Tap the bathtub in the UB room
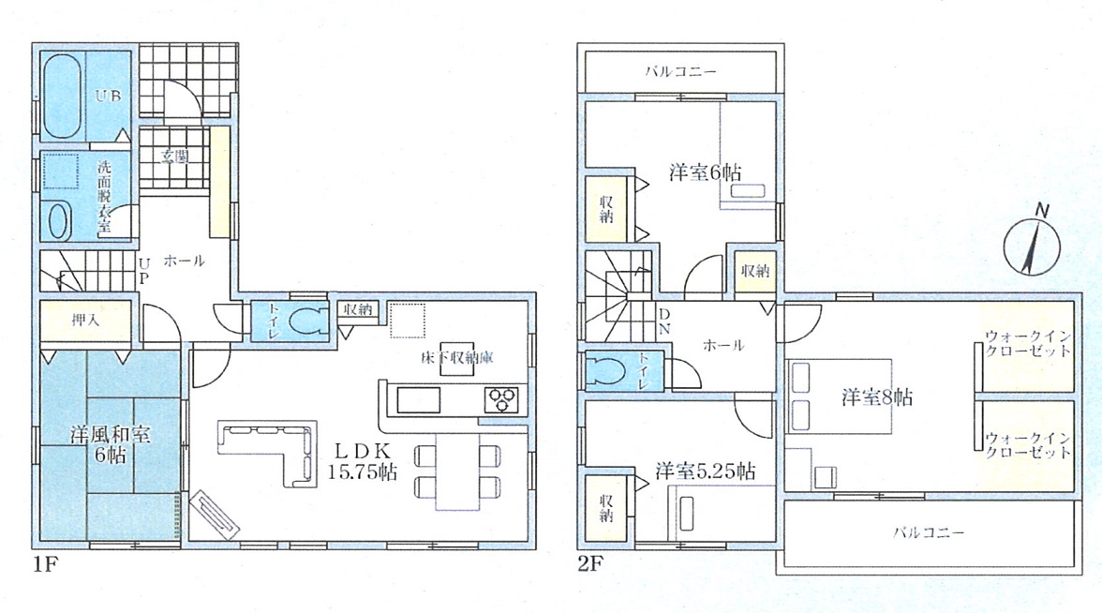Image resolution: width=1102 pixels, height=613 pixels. pyautogui.click(x=63, y=97)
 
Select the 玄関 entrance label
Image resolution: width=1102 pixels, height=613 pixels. pyautogui.click(x=174, y=156)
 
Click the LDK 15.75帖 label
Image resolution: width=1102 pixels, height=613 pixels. pyautogui.click(x=362, y=461)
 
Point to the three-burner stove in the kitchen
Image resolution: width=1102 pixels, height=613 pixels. pyautogui.click(x=502, y=400)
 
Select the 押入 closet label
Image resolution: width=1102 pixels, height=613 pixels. pyautogui.click(x=85, y=321)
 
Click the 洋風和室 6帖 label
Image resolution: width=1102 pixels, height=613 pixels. pyautogui.click(x=110, y=444)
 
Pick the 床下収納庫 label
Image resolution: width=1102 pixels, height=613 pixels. pyautogui.click(x=457, y=358)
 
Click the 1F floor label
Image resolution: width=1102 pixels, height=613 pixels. pyautogui.click(x=44, y=564)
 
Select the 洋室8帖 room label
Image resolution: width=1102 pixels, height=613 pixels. pyautogui.click(x=877, y=397)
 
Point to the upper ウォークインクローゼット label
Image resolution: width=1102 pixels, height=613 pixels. pyautogui.click(x=1027, y=344)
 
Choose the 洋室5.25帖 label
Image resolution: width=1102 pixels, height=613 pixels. pyautogui.click(x=706, y=471)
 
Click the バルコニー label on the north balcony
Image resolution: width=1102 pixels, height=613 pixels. pyautogui.click(x=680, y=71)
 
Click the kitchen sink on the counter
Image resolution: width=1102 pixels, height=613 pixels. pyautogui.click(x=419, y=401)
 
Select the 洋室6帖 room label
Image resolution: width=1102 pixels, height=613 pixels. pyautogui.click(x=705, y=172)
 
